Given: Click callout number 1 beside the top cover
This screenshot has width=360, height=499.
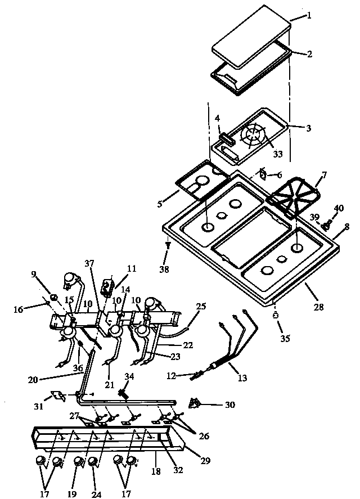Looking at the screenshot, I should (309, 16).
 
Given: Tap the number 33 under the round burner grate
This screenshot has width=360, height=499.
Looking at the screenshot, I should (277, 154).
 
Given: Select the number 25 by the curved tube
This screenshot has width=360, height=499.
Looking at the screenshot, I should (201, 307).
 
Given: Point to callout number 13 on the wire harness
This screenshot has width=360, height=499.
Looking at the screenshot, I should (242, 378).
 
